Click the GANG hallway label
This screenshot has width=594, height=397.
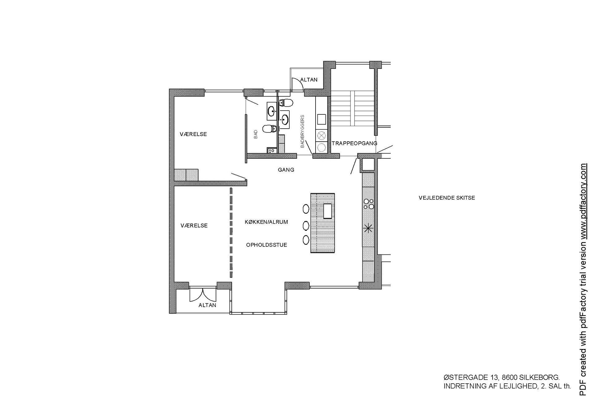(x=286, y=170)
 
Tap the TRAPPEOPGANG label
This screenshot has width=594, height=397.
(x=355, y=143)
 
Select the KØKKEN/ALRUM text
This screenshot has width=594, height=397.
(x=266, y=222)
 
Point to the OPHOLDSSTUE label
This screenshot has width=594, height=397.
(x=267, y=245)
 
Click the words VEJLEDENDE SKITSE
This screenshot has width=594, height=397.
(x=447, y=198)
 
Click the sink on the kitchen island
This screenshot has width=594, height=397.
(x=327, y=211)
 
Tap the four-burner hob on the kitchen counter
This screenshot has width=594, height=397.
(x=368, y=203)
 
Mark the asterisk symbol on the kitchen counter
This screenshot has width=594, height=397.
(x=368, y=229)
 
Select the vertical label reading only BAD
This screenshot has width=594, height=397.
(x=256, y=134)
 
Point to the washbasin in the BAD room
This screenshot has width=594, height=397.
(x=272, y=111)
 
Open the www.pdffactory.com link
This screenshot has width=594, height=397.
(x=583, y=201)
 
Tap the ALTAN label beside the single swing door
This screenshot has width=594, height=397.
(x=309, y=80)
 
